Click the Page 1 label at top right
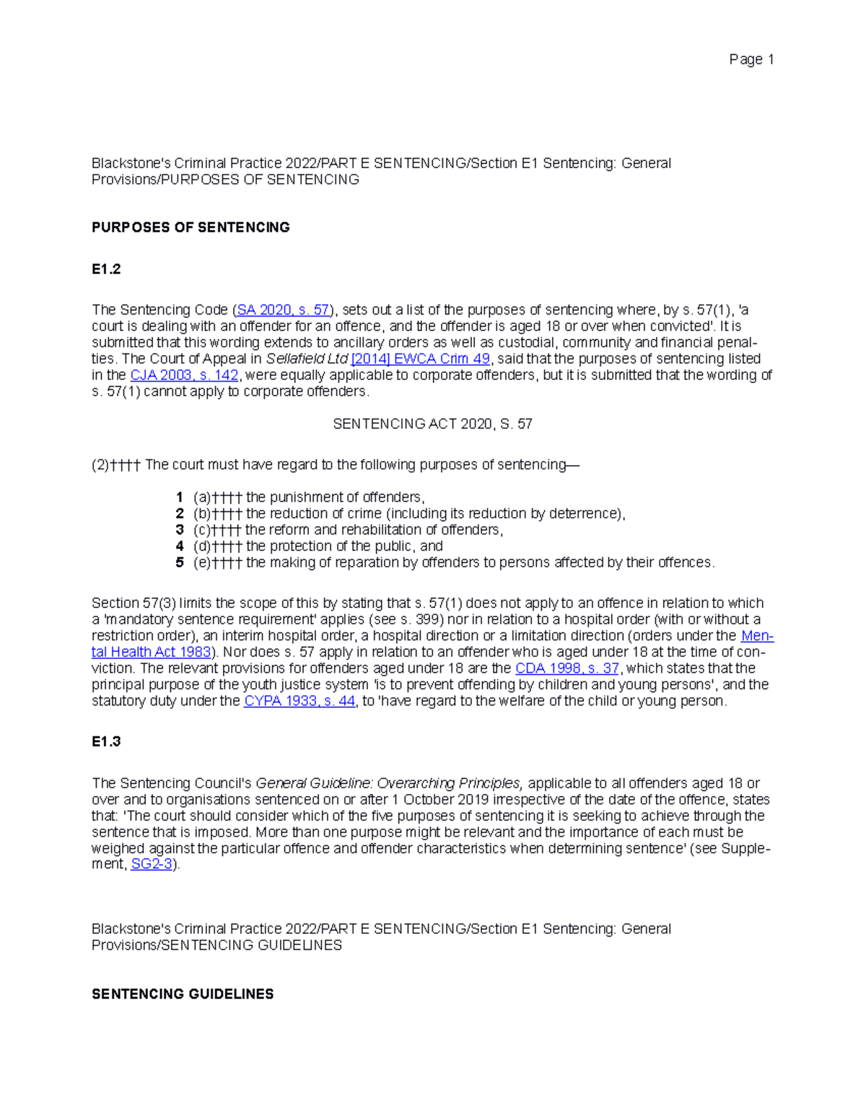point(751,60)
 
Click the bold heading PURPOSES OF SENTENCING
point(191,227)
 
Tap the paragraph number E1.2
point(106,269)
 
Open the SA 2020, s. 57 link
point(283,310)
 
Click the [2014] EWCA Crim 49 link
point(420,359)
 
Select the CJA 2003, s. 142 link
point(184,375)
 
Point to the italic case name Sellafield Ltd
point(307,359)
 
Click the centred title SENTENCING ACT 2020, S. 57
point(432,424)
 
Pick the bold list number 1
point(180,498)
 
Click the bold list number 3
point(180,530)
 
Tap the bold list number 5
point(180,563)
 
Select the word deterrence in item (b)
point(584,514)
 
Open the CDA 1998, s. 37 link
point(567,669)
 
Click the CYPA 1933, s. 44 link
point(299,701)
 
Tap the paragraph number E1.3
point(106,741)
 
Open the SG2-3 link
point(152,864)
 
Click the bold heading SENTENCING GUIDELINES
point(183,994)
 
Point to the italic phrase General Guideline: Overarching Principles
point(389,783)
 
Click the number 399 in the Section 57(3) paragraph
point(426,619)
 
